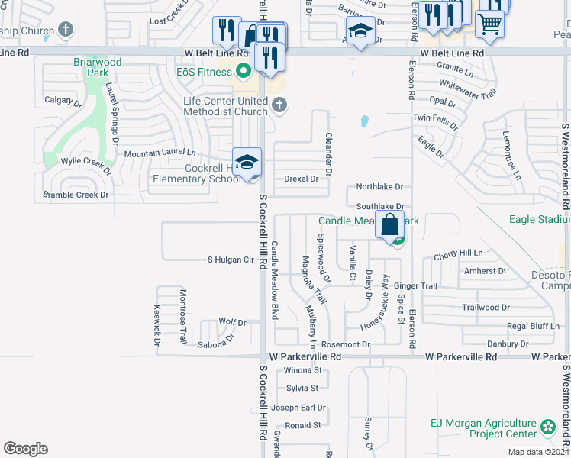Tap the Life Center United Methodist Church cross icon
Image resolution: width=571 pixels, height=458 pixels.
pos(279,105)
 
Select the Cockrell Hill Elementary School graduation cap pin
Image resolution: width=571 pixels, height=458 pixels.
pos(247,163)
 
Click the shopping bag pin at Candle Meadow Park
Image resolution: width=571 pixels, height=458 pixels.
pos(389,226)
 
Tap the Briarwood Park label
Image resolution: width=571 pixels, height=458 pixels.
pos(98,68)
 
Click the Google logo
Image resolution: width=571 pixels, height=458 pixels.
pos(25,449)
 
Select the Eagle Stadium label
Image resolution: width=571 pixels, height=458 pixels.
pos(540,220)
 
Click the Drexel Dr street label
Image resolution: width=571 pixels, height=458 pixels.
pos(301,179)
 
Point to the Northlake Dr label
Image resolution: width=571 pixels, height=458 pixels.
pos(379,187)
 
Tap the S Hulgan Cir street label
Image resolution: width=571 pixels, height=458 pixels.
pos(231,260)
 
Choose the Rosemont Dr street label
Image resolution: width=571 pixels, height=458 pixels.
pos(346,345)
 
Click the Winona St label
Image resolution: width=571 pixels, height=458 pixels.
pos(303,370)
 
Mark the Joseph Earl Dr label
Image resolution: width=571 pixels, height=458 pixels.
pos(298,408)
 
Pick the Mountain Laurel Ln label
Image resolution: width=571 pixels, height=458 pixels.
pos(160,153)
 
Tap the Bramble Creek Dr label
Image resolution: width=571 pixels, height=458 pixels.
pos(76,195)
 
